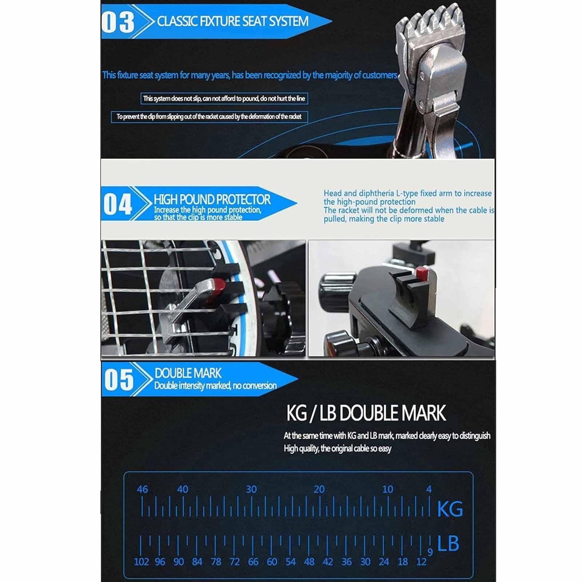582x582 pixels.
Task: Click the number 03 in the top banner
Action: point(118,21)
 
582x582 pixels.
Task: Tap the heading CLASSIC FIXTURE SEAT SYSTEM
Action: point(233,21)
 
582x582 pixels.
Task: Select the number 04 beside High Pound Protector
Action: point(117,204)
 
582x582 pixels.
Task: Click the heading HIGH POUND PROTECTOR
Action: point(212,199)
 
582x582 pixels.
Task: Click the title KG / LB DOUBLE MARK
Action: point(366,413)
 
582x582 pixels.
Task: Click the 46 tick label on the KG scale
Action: point(143,489)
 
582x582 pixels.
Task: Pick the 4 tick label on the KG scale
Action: point(429,489)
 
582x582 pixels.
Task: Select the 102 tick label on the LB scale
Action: point(141,562)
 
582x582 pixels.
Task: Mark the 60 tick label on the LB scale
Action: point(272,562)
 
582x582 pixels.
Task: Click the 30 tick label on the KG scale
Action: point(251,489)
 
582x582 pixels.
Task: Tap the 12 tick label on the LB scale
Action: point(421,562)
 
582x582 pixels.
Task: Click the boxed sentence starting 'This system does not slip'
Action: point(224,99)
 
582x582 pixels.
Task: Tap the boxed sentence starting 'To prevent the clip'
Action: point(209,117)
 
